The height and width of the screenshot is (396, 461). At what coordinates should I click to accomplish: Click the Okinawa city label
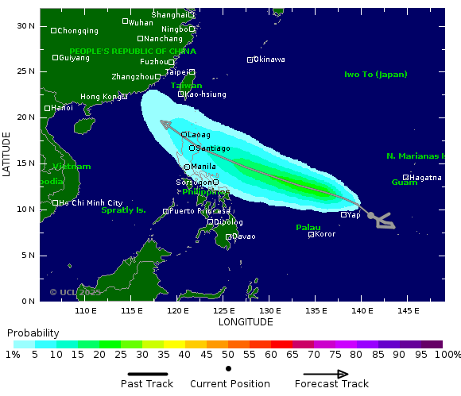click(x=269, y=60)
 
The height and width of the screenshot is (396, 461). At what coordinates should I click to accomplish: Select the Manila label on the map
click(x=203, y=167)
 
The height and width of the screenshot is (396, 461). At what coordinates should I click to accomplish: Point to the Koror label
click(x=325, y=234)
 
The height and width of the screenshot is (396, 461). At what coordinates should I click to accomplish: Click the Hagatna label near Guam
click(x=426, y=178)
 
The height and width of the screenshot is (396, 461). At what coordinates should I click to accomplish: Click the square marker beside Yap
click(x=343, y=214)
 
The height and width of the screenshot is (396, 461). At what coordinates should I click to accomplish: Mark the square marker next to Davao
click(x=228, y=236)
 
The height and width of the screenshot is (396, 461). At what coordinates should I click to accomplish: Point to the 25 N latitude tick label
click(x=26, y=71)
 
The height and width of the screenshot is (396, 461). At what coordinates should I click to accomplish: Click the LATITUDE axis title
click(x=6, y=155)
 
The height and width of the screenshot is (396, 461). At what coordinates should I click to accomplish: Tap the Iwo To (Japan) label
click(x=375, y=75)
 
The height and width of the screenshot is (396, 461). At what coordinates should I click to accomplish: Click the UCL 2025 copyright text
click(x=76, y=292)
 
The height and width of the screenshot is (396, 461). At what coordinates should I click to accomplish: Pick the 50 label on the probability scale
click(x=228, y=354)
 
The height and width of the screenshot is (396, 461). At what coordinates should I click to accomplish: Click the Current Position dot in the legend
click(x=228, y=369)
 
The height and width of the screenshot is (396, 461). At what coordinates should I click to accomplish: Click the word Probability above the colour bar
click(x=33, y=333)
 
